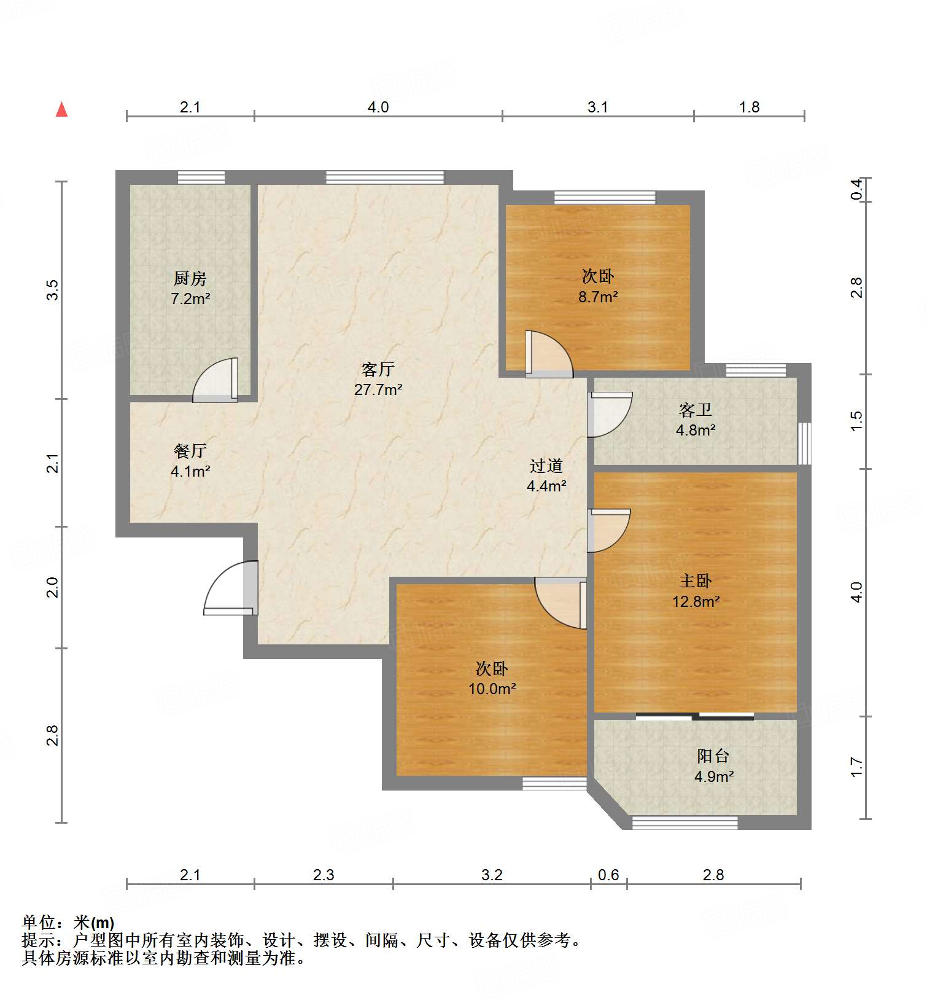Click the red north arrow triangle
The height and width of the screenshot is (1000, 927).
click(61, 109)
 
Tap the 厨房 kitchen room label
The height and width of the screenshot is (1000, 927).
click(190, 279)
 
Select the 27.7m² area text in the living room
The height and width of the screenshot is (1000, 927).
click(378, 389)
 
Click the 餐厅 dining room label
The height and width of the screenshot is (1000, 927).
click(190, 451)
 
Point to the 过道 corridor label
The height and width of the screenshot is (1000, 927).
click(546, 466)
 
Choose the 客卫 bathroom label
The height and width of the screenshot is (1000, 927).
click(695, 410)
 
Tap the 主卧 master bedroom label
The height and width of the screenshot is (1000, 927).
click(695, 580)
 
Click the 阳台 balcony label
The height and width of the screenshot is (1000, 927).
click(713, 756)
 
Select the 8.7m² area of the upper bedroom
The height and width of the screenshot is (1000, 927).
click(598, 297)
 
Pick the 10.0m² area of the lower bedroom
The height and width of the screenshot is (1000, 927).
click(492, 689)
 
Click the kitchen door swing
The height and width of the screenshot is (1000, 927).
click(215, 380)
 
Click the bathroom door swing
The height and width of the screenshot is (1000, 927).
click(610, 415)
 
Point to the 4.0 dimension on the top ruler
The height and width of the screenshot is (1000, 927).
click(378, 107)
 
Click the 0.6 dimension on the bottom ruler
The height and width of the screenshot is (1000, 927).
click(608, 875)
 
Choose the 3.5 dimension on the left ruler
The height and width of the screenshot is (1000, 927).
click(53, 290)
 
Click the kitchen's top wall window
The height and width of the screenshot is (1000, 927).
click(201, 178)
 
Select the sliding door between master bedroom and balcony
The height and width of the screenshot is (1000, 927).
click(695, 716)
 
